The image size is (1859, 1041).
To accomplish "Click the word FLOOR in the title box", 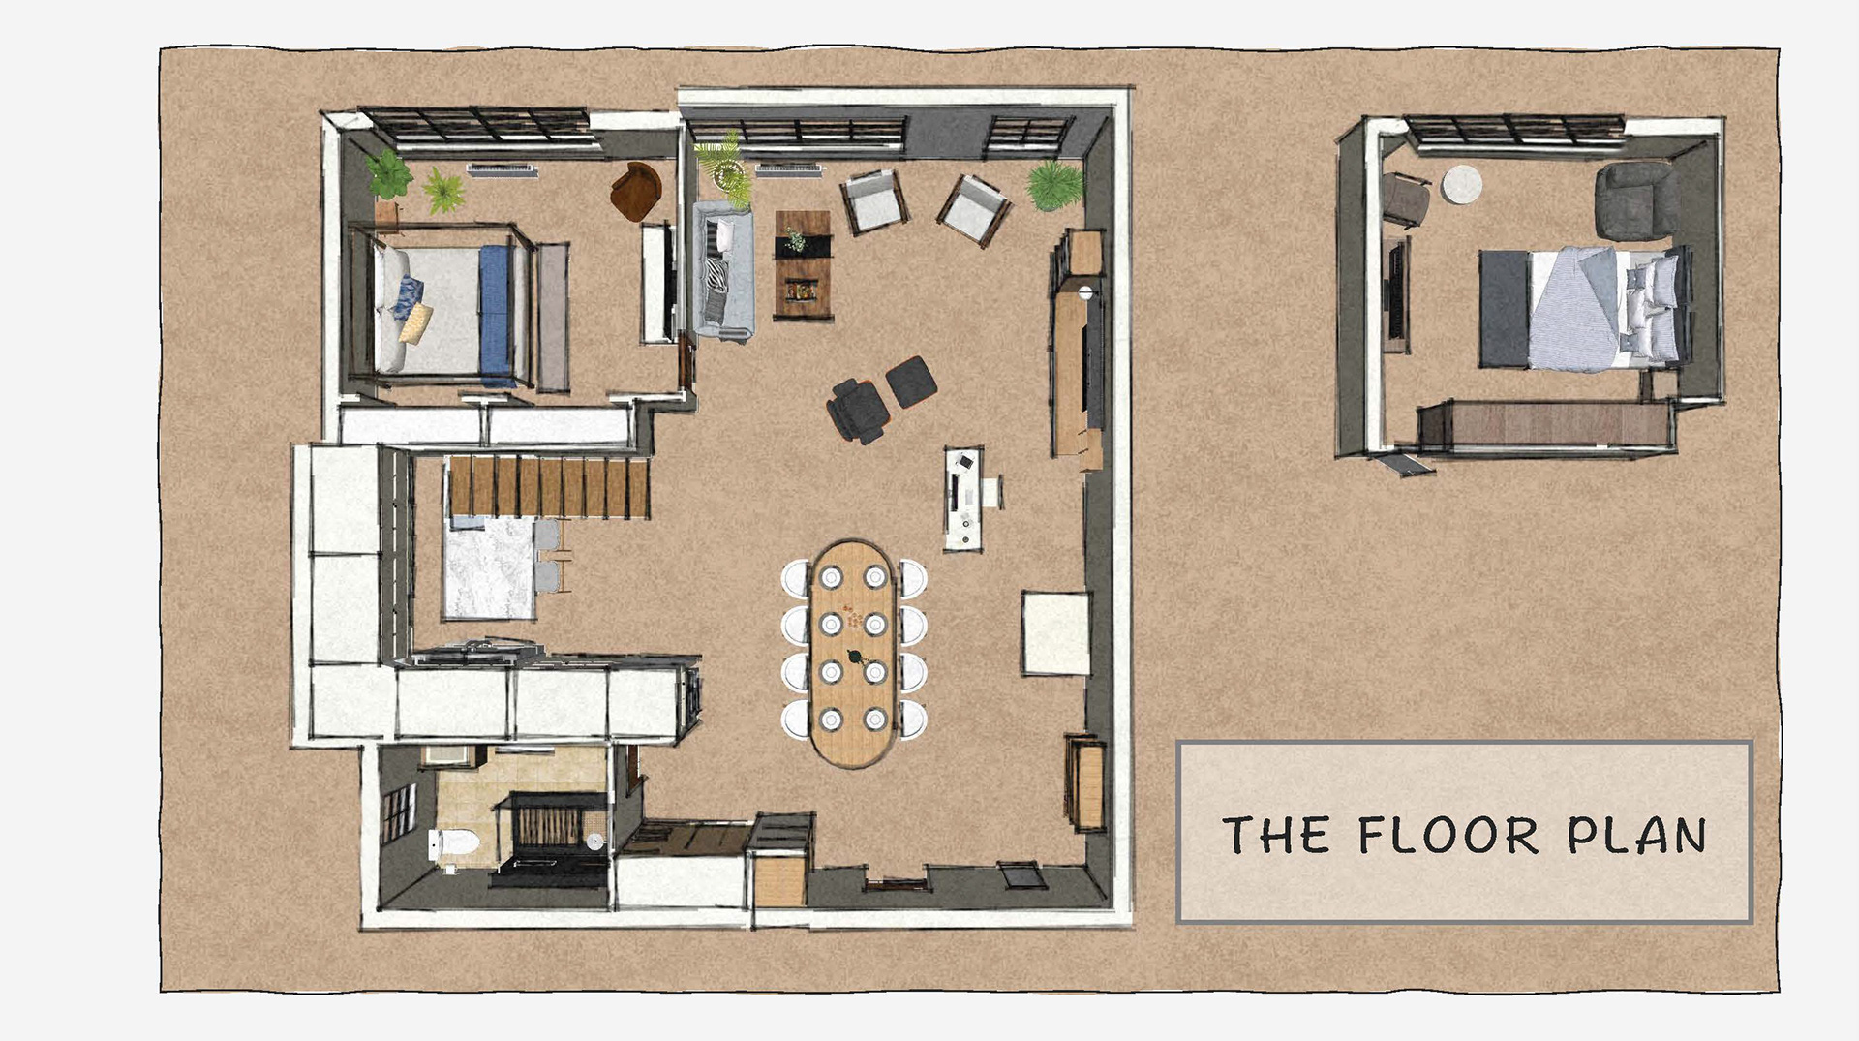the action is (1448, 835).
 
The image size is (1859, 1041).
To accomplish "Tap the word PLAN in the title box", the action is (1637, 836).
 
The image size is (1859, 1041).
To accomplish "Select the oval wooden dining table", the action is (853, 654).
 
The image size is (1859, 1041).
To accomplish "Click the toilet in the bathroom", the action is (453, 844).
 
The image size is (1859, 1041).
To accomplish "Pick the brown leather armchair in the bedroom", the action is (635, 191).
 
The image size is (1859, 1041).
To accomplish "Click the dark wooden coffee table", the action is (803, 265).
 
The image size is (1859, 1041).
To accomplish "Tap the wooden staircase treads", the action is (548, 487).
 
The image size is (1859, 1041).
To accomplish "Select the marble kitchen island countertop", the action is (489, 568).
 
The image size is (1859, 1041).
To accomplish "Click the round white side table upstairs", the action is (1462, 184).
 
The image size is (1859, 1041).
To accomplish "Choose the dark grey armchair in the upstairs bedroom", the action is (1636, 201).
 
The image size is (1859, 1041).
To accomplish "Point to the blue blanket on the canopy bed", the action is (496, 315).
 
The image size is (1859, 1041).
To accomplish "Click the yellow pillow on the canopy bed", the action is (415, 323).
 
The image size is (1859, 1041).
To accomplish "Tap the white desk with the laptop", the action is (964, 499).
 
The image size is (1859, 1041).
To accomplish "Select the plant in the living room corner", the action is (1054, 185).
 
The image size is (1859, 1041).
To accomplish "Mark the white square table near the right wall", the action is (1055, 633).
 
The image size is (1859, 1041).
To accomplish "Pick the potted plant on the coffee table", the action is (795, 239).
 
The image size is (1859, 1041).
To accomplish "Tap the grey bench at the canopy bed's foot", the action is (553, 317).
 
